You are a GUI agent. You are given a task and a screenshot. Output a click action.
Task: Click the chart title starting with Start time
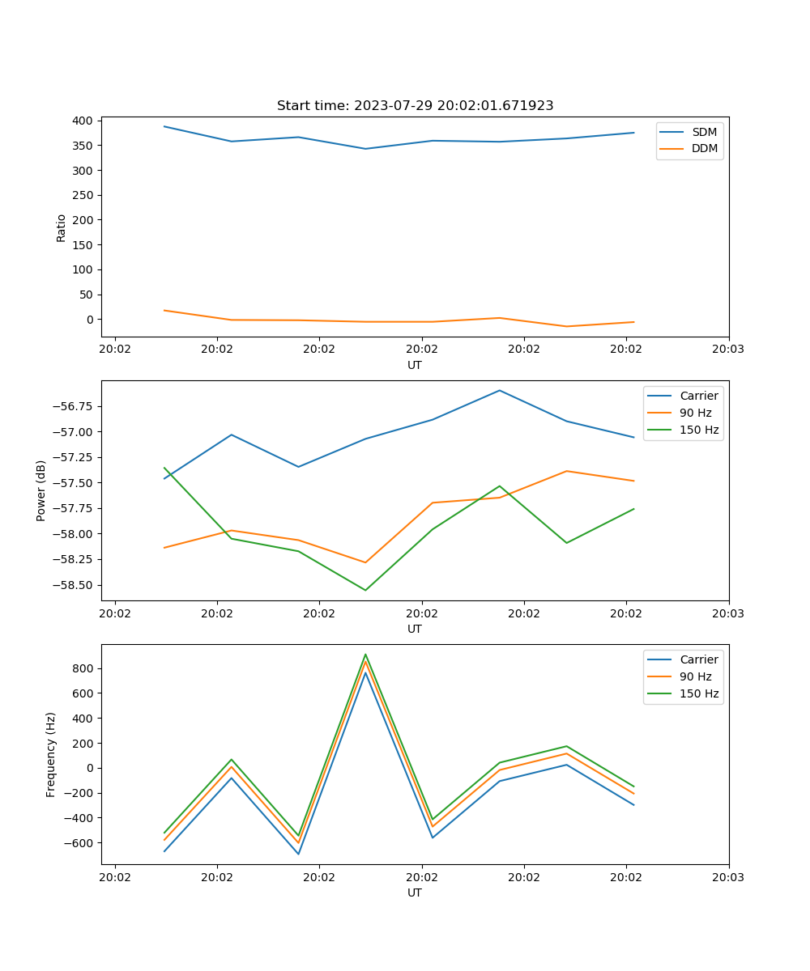point(415,106)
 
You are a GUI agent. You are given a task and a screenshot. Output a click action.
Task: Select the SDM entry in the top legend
point(704,132)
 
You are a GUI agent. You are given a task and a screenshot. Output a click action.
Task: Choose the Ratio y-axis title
point(62,227)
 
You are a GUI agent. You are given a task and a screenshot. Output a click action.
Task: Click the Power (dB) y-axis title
point(41,490)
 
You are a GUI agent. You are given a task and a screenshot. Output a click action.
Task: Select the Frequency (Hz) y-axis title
point(51,754)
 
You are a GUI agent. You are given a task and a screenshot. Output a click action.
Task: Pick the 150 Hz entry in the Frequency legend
point(699,693)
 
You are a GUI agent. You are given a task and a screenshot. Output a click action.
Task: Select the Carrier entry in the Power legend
point(699,396)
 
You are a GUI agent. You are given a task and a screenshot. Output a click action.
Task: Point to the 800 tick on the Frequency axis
point(85,668)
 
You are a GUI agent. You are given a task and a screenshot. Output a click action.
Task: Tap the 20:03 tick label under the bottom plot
point(728,876)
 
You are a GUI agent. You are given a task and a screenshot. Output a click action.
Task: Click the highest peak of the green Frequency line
point(365,654)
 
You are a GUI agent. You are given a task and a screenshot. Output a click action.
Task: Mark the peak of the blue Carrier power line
point(499,390)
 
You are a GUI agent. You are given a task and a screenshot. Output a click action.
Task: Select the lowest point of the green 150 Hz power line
point(365,590)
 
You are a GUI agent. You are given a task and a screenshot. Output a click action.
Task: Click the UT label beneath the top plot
point(415,365)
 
